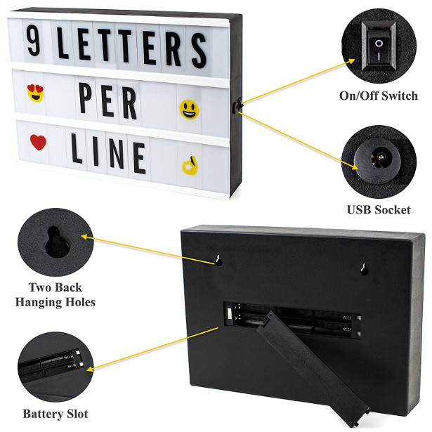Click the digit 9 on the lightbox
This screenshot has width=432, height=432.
[x=34, y=41]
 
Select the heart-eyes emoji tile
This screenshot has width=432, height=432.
[x=36, y=93]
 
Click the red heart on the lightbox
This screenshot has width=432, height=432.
[x=38, y=142]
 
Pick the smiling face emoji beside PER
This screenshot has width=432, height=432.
[x=190, y=110]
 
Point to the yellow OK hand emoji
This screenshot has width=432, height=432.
[x=190, y=165]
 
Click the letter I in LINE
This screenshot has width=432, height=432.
[x=96, y=151]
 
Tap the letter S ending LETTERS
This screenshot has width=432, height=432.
[x=199, y=50]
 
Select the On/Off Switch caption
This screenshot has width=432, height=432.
[x=379, y=96]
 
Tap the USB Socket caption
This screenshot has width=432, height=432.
[x=379, y=210]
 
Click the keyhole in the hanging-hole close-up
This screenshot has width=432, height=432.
[x=56, y=242]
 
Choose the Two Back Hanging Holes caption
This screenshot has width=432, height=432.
[x=55, y=294]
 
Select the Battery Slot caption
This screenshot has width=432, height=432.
[x=55, y=414]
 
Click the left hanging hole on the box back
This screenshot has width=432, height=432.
[x=218, y=261]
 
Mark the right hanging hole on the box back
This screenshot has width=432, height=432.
[x=365, y=270]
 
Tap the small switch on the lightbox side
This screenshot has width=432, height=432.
[x=237, y=106]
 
